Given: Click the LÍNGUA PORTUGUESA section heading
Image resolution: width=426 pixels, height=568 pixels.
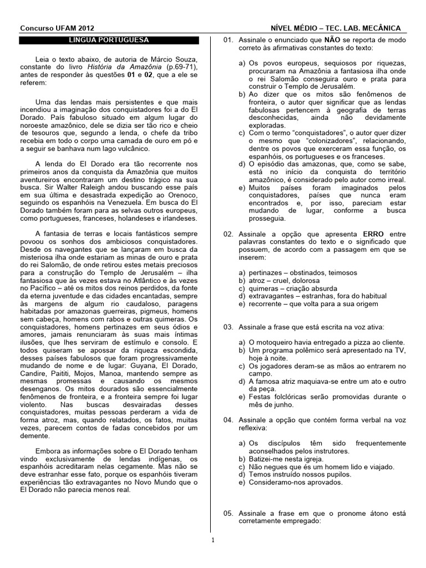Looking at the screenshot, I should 108,40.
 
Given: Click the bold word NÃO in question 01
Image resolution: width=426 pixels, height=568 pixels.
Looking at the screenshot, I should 332,40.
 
